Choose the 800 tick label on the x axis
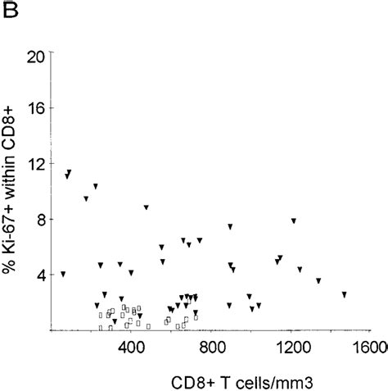coord(211,347)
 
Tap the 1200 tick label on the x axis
coord(291,347)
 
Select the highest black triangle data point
coord(69,173)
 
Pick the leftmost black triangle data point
coord(63,274)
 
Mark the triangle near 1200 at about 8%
coord(293,221)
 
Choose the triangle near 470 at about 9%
coord(146,208)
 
